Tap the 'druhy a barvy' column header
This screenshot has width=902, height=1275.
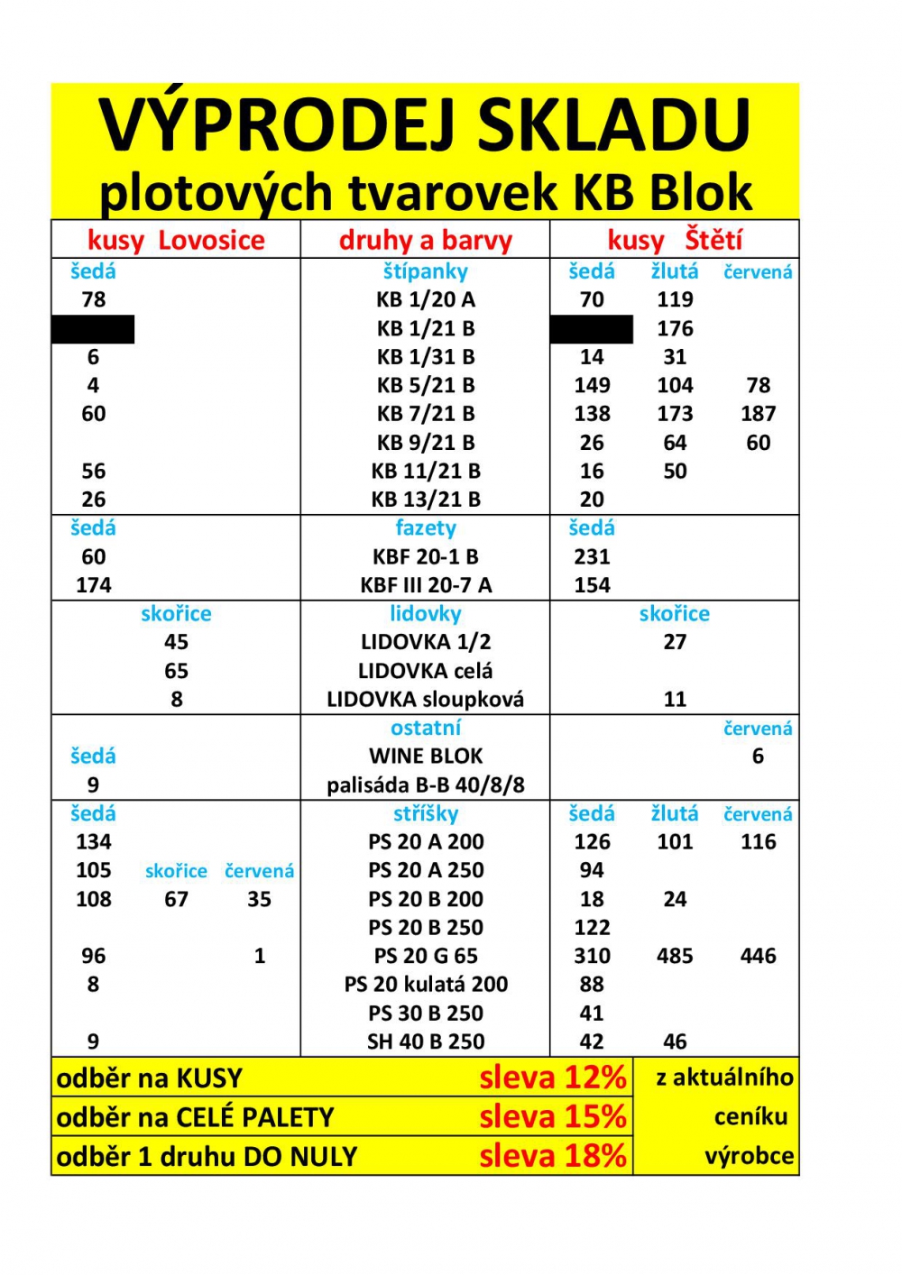(425, 241)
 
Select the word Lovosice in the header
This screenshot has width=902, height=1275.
(212, 241)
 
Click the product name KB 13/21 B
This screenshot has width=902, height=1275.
(426, 500)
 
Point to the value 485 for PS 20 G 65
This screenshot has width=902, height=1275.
(675, 956)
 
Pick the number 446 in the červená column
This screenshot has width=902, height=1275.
(758, 956)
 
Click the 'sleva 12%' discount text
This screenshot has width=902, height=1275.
(552, 1078)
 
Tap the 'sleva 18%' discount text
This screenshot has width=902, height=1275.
(552, 1156)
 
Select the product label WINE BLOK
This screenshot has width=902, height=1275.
(426, 757)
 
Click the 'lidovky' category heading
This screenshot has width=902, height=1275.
(426, 614)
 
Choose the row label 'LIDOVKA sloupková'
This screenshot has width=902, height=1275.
(425, 700)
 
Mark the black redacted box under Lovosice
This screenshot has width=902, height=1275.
(93, 329)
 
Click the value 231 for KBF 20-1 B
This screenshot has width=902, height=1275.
(592, 557)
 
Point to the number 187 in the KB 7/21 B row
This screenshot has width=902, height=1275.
(758, 414)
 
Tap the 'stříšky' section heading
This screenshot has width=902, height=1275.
(426, 814)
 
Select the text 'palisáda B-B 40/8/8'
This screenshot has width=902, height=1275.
(426, 785)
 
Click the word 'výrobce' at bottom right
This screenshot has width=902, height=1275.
(749, 1156)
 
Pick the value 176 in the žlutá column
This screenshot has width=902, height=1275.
(675, 328)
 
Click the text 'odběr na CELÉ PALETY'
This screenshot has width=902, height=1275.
(195, 1118)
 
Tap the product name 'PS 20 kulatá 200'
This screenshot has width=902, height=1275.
(426, 985)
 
